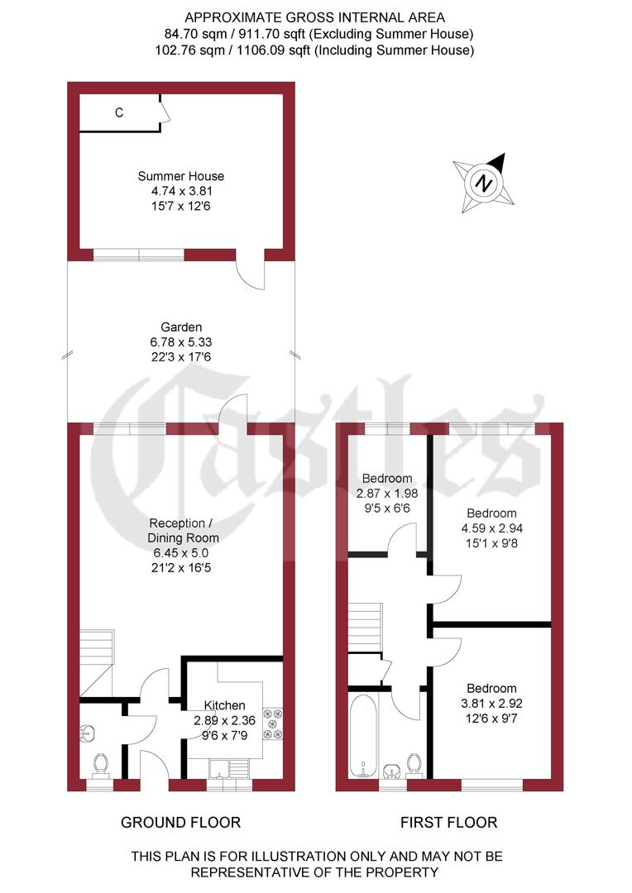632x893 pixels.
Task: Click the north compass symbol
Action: [x=484, y=183]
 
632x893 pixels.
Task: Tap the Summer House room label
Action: [x=180, y=176]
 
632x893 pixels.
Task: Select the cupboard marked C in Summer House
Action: [x=119, y=113]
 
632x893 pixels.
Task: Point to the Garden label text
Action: [x=180, y=327]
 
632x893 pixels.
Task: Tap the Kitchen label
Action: [x=224, y=705]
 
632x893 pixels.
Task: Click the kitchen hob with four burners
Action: [x=274, y=723]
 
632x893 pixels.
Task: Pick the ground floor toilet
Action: [x=101, y=764]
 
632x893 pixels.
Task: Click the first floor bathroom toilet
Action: [x=415, y=765]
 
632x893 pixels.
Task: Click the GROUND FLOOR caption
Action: [x=180, y=822]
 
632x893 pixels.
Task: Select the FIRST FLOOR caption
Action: [x=448, y=822]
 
